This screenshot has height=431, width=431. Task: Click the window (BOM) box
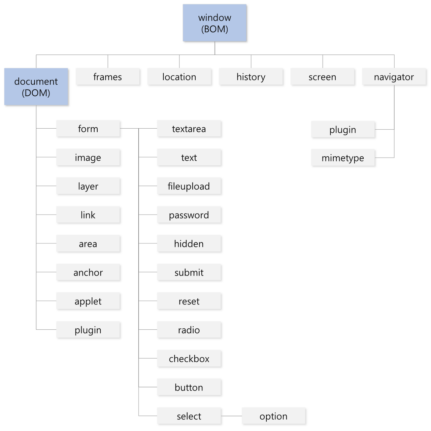click(x=214, y=23)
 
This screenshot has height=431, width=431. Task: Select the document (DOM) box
click(x=36, y=87)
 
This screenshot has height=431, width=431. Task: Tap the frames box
click(x=108, y=77)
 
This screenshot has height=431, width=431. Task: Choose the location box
click(x=179, y=77)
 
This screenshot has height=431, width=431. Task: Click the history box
click(x=251, y=77)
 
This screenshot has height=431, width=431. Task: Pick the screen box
click(x=323, y=77)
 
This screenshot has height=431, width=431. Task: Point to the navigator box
click(x=394, y=77)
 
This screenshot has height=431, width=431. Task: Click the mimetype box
click(x=343, y=158)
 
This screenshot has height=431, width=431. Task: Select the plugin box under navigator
click(x=343, y=129)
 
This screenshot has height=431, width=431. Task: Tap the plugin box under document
click(x=88, y=330)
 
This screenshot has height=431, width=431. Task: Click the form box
click(x=88, y=128)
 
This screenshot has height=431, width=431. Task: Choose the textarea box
click(x=189, y=128)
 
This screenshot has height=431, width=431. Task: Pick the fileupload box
click(x=189, y=186)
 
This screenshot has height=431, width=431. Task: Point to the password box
click(x=189, y=215)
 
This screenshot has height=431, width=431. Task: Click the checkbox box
click(x=189, y=358)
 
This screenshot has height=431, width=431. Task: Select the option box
click(x=273, y=416)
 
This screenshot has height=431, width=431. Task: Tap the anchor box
click(x=88, y=272)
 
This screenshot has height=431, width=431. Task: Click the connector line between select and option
click(x=231, y=416)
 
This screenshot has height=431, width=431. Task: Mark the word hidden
click(x=189, y=243)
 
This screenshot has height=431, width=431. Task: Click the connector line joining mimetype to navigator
click(x=394, y=143)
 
